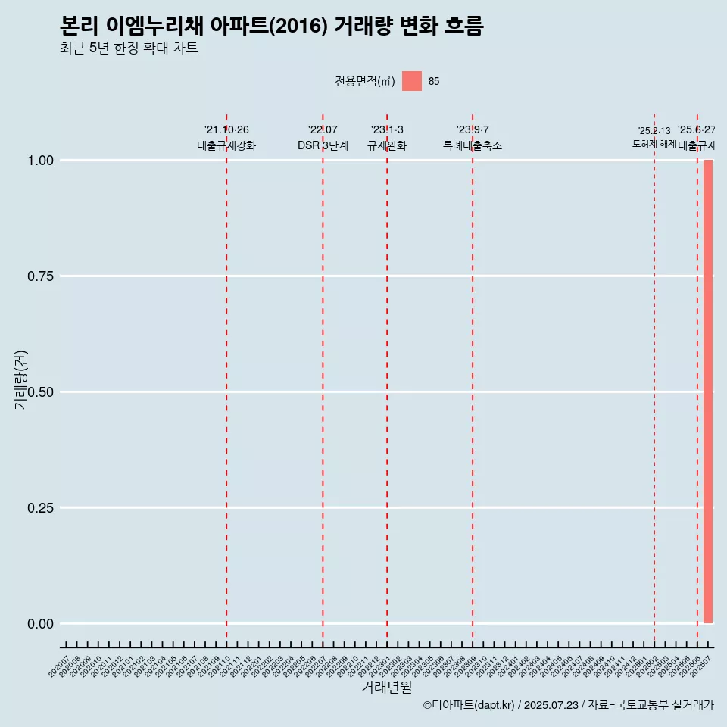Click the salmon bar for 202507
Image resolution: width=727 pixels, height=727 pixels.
(708, 392)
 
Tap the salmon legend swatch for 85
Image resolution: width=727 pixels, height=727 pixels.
(412, 81)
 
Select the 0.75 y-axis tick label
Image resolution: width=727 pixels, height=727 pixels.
(40, 276)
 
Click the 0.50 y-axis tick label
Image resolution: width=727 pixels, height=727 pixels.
(40, 392)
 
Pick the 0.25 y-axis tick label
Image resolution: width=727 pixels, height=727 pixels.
(40, 508)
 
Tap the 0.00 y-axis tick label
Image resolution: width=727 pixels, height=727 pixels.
(40, 624)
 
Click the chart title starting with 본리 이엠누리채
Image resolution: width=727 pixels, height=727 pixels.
(271, 27)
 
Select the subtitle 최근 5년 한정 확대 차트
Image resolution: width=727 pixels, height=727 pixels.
(129, 48)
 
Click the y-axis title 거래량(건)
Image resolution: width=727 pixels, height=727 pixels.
(21, 379)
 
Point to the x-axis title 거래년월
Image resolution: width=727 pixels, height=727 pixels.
(386, 688)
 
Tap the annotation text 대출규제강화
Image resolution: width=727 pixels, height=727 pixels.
(226, 145)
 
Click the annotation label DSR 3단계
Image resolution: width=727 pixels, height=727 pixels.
(323, 145)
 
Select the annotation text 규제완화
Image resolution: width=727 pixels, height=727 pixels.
(387, 145)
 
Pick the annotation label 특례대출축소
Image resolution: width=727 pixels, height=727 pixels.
(473, 145)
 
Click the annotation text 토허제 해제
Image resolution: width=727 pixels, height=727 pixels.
(654, 144)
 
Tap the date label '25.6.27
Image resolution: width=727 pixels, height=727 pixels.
(697, 130)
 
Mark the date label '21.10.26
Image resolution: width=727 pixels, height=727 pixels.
(226, 130)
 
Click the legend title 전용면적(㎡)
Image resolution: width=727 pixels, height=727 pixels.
(365, 82)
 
